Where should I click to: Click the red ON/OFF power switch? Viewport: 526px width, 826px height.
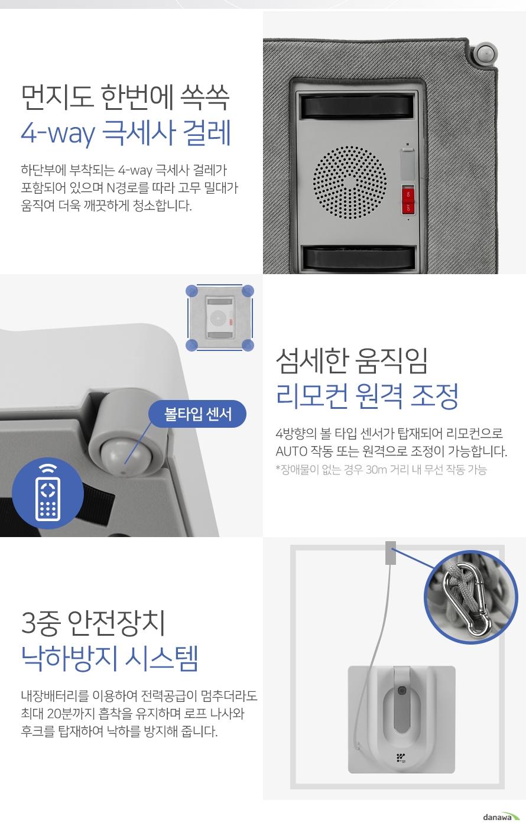pos(408,199)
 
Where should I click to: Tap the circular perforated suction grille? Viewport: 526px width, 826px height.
pos(350,183)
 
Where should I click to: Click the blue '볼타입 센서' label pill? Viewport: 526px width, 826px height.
pos(197,414)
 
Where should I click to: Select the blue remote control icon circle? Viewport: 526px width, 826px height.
pos(48,493)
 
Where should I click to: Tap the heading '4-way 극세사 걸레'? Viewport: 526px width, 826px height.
pos(126,132)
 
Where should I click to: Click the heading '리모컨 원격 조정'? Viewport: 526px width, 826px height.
pos(367,396)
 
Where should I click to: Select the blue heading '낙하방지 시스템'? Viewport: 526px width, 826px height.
pos(109,658)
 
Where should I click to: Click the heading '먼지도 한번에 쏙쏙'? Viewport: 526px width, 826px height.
pos(125,97)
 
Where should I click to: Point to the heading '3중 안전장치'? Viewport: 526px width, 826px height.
pos(93,623)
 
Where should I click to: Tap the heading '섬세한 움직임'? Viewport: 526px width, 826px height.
pos(352,360)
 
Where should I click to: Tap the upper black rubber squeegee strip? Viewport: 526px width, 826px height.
pos(357,106)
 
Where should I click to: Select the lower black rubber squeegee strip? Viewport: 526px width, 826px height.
pos(358,258)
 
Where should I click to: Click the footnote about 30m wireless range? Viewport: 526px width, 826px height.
pos(381,469)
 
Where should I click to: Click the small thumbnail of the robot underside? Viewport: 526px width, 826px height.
pos(220,317)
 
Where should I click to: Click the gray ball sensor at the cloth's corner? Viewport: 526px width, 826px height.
pos(485,53)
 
